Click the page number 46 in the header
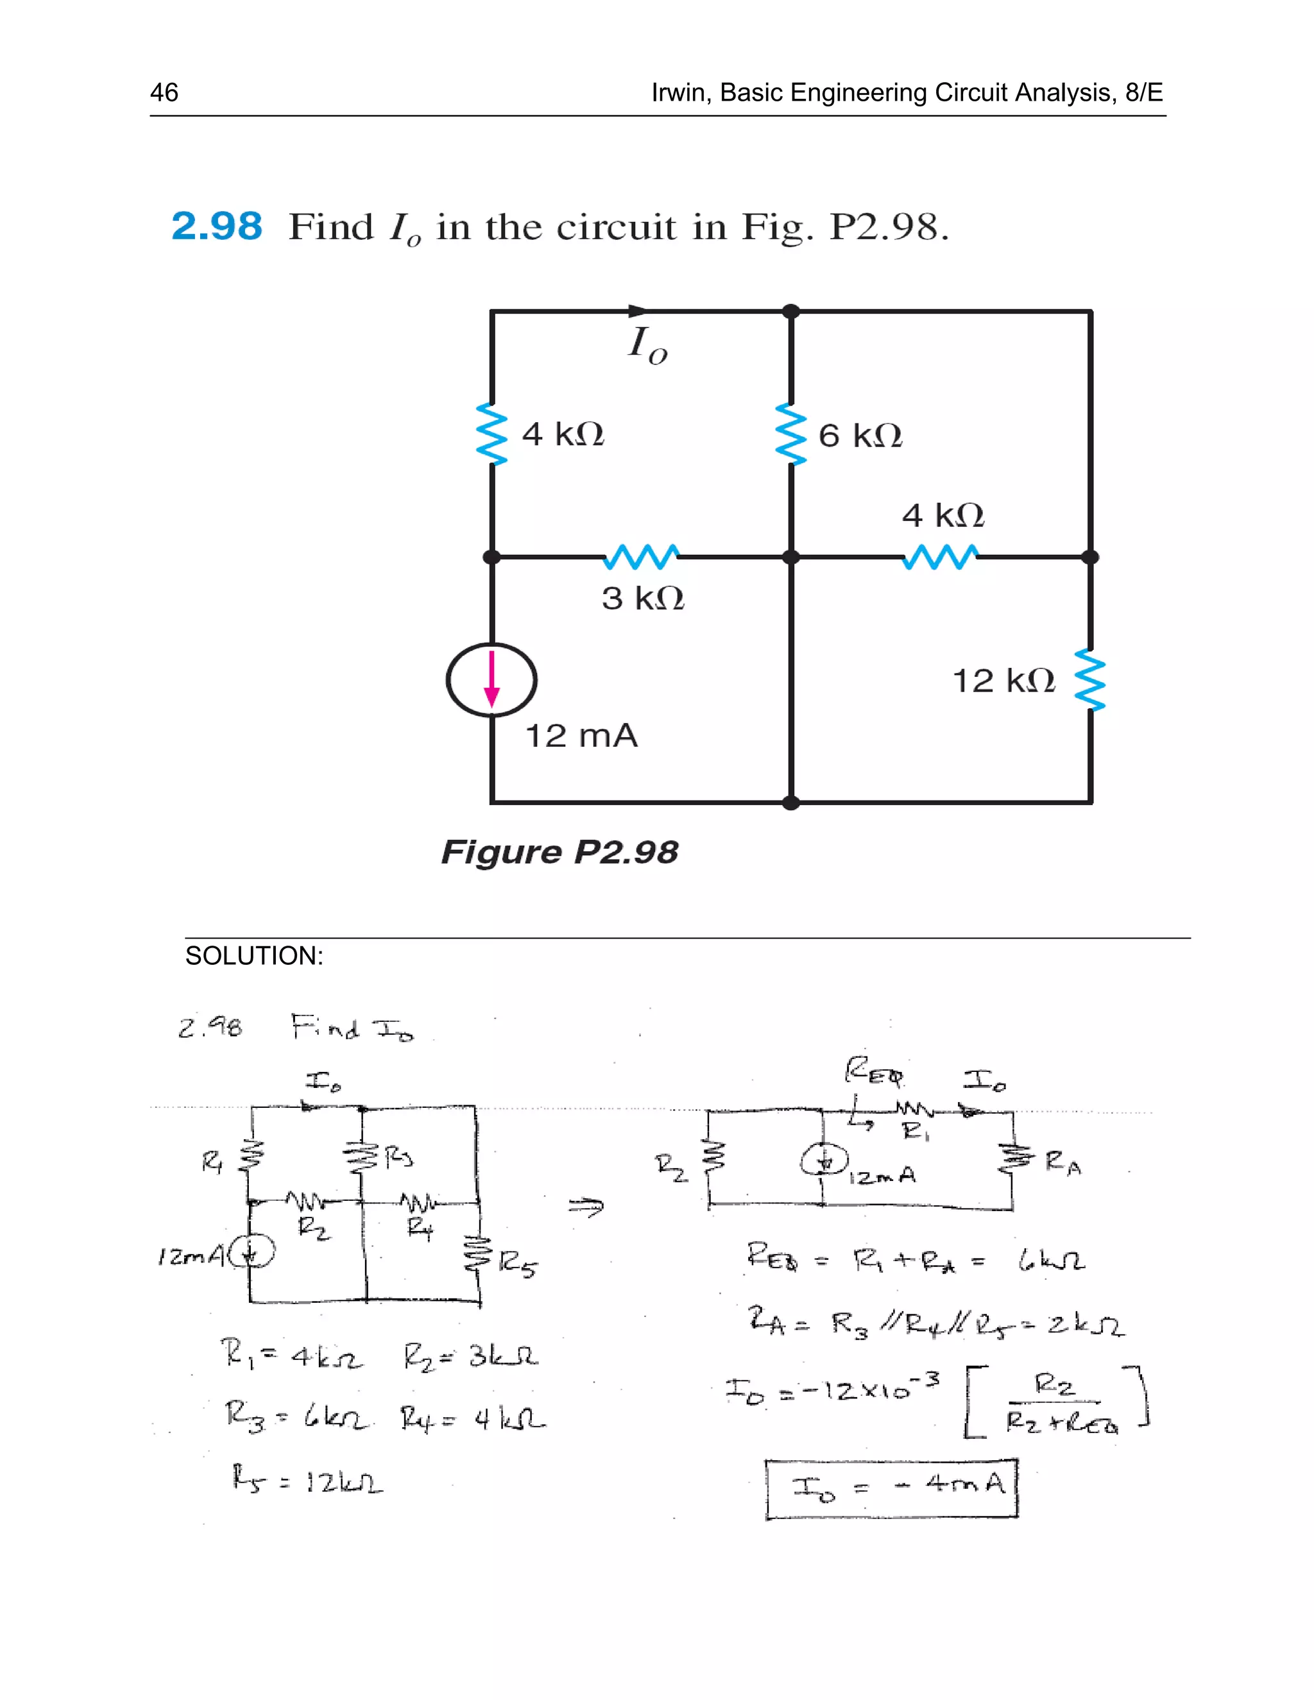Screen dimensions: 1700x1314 click(164, 92)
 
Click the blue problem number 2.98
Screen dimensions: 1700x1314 click(216, 226)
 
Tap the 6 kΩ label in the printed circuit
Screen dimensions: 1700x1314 click(859, 436)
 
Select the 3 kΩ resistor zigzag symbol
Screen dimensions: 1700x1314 click(642, 557)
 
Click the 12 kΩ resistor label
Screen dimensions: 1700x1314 click(1003, 681)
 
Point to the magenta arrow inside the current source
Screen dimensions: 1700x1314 click(491, 679)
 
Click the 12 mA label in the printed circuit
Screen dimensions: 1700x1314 click(581, 736)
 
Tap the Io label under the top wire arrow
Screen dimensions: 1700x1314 click(647, 345)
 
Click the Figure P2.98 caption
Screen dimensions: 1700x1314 click(559, 853)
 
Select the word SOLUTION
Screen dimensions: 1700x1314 click(254, 956)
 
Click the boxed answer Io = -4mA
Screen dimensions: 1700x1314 click(891, 1488)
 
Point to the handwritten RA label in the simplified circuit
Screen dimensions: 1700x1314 click(1062, 1164)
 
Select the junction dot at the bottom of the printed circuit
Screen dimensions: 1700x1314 click(791, 803)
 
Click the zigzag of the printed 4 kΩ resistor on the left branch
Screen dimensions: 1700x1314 click(491, 434)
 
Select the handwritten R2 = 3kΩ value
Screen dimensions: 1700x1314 click(471, 1357)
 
